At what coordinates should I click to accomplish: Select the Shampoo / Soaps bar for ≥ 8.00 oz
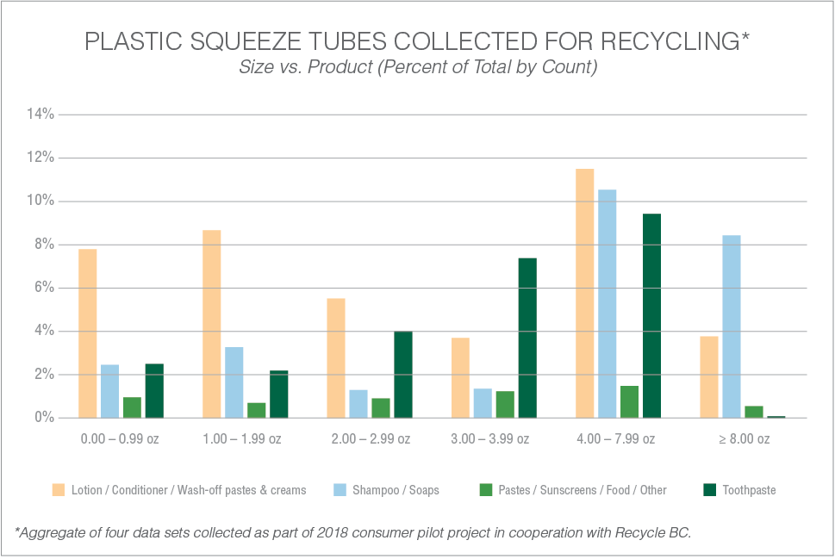[x=731, y=326]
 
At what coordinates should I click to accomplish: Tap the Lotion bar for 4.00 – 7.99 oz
[x=584, y=293]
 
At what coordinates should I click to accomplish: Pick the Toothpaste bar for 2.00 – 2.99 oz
[x=403, y=375]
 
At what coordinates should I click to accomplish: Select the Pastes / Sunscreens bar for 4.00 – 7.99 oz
[x=629, y=401]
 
